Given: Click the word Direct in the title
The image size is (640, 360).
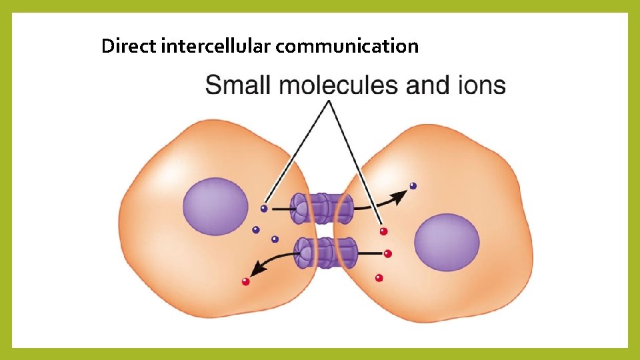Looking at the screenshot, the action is (129, 46).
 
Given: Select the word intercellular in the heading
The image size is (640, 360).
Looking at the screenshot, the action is (215, 46).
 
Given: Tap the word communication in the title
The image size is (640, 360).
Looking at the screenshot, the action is (347, 46).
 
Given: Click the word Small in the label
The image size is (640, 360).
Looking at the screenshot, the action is (238, 85).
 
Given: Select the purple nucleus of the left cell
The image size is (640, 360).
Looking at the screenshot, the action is (215, 206).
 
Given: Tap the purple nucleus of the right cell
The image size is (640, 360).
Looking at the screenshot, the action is (447, 242).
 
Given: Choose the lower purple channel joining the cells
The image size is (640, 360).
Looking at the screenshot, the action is (326, 253).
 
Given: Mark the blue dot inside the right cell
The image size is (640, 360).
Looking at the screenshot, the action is (413, 186).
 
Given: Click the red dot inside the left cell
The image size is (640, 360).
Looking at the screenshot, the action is (246, 281).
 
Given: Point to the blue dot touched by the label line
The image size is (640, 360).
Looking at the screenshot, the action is (264, 209).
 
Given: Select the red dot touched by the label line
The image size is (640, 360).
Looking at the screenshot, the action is (383, 231).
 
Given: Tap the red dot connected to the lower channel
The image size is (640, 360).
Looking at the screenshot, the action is (388, 254).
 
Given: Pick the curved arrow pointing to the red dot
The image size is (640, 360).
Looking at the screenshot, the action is (271, 259).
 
